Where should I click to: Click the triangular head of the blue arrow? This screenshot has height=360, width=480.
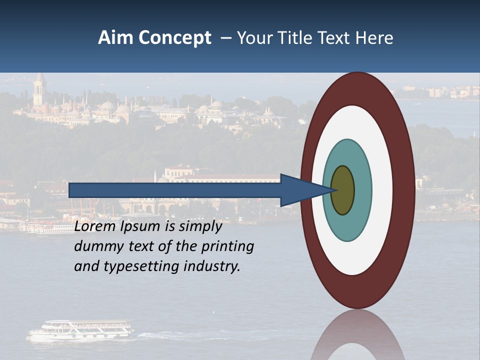coord(300,190)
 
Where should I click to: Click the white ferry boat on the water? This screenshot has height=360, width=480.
coord(80,330)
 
